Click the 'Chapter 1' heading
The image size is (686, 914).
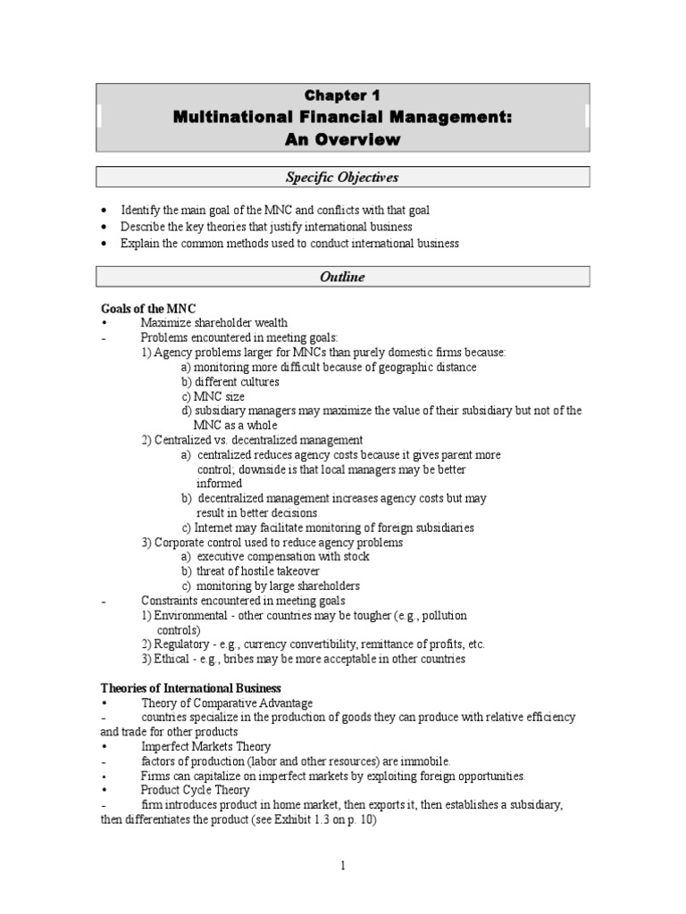click(x=342, y=96)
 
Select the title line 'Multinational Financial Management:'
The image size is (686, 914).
click(x=342, y=117)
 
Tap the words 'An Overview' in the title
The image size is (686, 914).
click(x=342, y=139)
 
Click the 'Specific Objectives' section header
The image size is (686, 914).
click(x=342, y=178)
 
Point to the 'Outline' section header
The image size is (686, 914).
click(x=342, y=277)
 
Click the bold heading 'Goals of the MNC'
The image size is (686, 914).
click(x=148, y=308)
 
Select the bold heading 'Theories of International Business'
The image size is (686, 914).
click(x=190, y=688)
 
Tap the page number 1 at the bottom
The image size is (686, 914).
click(x=343, y=865)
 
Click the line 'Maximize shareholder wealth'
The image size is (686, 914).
click(x=214, y=322)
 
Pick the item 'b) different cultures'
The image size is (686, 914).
click(x=230, y=381)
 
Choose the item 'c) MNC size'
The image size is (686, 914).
click(x=213, y=396)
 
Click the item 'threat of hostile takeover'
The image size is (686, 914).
click(x=258, y=571)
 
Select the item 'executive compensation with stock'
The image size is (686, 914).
click(x=282, y=556)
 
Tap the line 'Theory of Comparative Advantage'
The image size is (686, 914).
click(x=227, y=702)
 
